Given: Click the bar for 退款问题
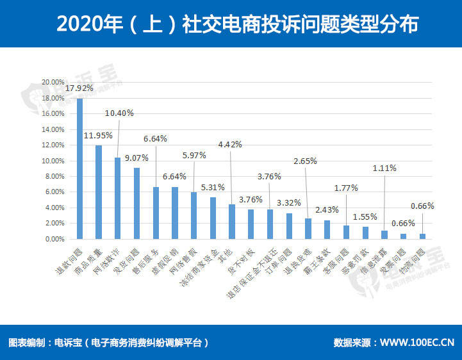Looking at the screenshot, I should (x=80, y=168).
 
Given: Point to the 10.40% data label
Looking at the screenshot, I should (x=119, y=113).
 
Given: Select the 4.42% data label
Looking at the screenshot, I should (x=230, y=144).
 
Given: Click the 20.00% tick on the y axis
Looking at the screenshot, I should (x=53, y=83).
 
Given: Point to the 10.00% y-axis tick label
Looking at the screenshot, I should (x=53, y=161).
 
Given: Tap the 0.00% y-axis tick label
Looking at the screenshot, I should (x=54, y=239).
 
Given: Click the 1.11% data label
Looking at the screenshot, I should (x=384, y=168).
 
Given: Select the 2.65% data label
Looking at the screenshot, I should (x=305, y=161).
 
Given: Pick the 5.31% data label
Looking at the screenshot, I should (x=213, y=188).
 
